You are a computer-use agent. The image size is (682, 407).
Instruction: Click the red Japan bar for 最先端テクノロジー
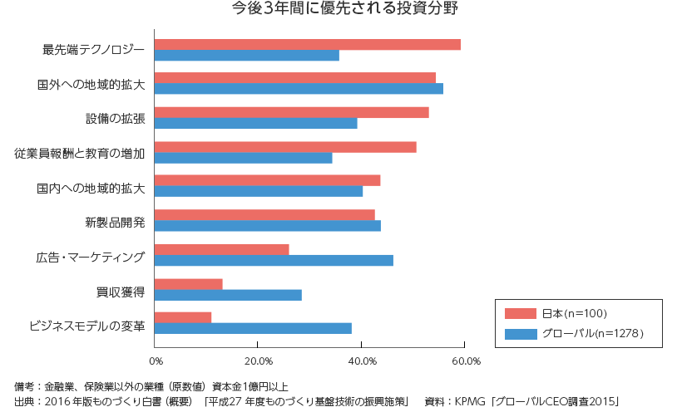pos(308,44)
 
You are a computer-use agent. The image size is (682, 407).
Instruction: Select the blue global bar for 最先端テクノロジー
pos(247,56)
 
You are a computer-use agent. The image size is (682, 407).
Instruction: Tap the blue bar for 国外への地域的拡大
pos(299,89)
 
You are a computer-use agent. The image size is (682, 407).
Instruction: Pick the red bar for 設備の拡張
pos(292,112)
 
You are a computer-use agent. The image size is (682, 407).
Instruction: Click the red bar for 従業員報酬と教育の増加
pos(285,147)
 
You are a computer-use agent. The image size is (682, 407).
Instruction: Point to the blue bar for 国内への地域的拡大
pos(259,191)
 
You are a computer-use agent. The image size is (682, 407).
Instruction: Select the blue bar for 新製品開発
pos(268,226)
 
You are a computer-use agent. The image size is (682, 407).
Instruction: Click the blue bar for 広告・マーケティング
pos(274,260)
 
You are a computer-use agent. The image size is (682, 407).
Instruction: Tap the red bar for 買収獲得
pos(189,284)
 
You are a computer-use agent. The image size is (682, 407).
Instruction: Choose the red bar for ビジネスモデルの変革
pos(183,317)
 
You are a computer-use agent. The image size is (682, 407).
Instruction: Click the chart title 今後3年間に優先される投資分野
pos(344,11)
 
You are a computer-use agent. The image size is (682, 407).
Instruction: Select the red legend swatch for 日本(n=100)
pos(521,313)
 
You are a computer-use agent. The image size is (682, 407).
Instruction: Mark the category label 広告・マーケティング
pos(91,257)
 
